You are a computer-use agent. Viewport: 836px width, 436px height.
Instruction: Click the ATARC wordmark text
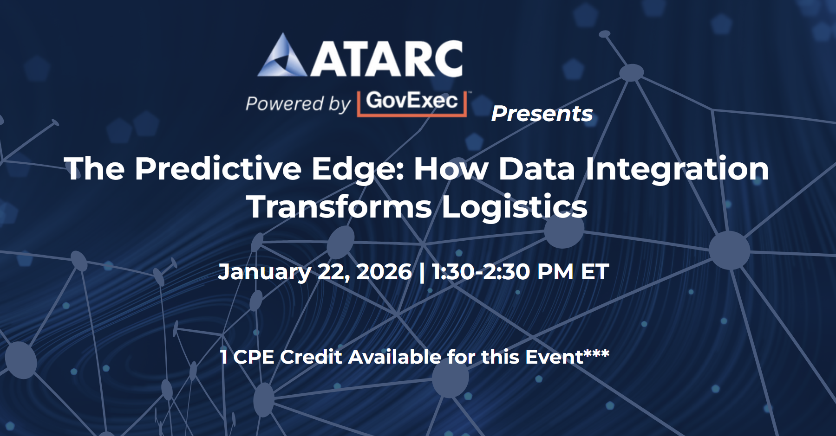(x=386, y=58)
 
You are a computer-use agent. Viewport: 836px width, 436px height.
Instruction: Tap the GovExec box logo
(x=412, y=103)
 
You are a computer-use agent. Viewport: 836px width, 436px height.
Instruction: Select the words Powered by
(x=298, y=103)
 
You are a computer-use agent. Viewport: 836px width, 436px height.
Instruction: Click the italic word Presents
(x=542, y=114)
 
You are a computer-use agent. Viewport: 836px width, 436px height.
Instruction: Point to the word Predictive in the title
(x=218, y=168)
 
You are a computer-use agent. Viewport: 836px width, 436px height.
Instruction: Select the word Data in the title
(x=537, y=168)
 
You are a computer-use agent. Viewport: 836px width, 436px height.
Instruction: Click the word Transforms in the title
(x=340, y=206)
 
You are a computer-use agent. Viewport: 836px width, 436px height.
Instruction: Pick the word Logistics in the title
(x=515, y=207)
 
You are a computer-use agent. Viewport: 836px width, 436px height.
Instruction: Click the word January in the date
(x=264, y=272)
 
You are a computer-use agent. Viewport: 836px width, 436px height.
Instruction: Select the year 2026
(x=384, y=272)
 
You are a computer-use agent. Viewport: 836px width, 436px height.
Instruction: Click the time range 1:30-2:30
(x=481, y=272)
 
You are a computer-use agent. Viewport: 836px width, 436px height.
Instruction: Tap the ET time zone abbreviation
(x=595, y=272)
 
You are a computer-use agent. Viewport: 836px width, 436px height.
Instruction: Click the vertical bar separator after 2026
(x=422, y=272)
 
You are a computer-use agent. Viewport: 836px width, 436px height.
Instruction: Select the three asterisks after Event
(x=596, y=354)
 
